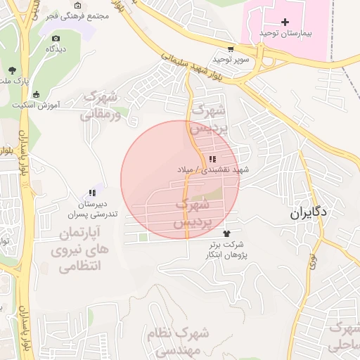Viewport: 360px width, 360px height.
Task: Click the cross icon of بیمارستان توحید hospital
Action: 285,22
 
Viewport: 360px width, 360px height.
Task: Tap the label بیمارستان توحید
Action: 285,33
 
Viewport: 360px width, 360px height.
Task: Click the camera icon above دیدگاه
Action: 56,38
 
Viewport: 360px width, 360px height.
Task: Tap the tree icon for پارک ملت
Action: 13,70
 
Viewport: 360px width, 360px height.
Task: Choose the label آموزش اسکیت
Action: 36,105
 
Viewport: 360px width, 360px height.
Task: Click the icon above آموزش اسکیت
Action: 36,94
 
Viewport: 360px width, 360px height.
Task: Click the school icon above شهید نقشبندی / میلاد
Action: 212,159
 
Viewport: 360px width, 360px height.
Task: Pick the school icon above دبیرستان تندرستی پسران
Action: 91,193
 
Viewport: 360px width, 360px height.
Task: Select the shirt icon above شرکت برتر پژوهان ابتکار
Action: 226,233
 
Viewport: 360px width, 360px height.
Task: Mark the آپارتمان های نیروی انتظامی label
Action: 74,249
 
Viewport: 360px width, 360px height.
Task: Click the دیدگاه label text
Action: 56,49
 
